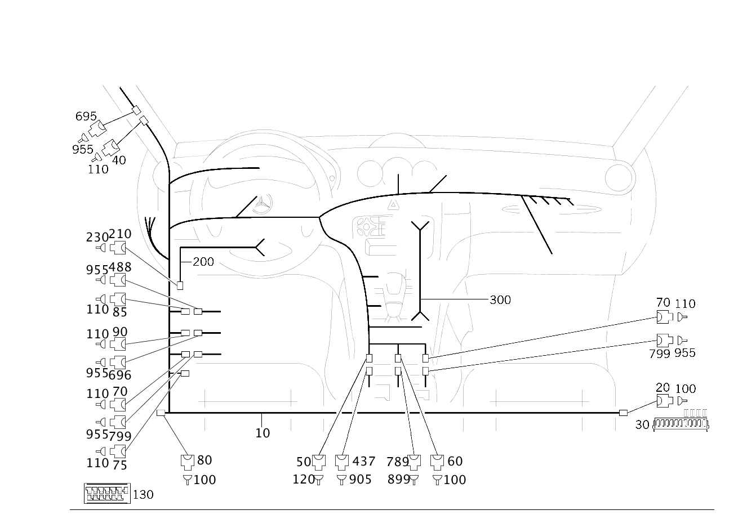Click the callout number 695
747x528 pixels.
[86, 117]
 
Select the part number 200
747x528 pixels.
[203, 262]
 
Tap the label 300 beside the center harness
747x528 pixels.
[500, 300]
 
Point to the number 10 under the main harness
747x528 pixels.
[263, 433]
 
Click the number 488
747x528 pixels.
[120, 267]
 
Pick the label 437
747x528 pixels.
[364, 462]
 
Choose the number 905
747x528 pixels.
[361, 480]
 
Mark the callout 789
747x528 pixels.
[398, 462]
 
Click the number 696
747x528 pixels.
[120, 375]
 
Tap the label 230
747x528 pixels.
[97, 237]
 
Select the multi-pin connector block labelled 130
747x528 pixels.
[107, 493]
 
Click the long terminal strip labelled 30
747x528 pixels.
[681, 424]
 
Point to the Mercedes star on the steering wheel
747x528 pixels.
[263, 204]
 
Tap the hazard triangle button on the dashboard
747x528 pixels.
[394, 204]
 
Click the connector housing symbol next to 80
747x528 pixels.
[188, 462]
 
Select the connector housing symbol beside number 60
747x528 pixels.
[437, 462]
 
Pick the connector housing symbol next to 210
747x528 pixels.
[118, 248]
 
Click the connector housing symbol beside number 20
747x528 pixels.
[664, 401]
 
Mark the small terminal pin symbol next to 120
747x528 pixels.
[318, 480]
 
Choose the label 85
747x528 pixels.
[120, 312]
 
